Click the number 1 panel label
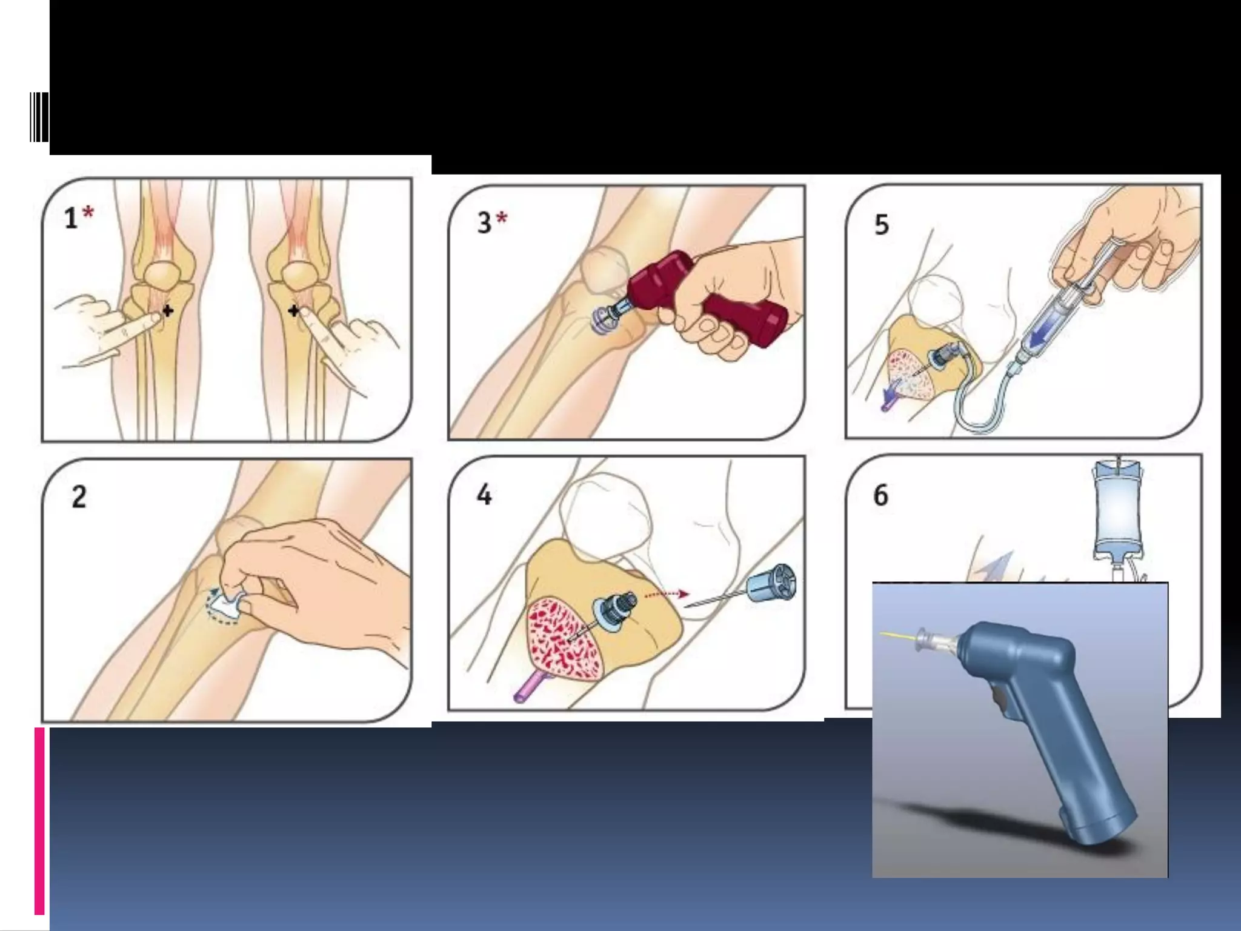(x=71, y=218)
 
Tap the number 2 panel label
(x=79, y=498)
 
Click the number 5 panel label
(x=882, y=224)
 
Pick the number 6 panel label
(x=881, y=495)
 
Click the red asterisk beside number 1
(x=88, y=213)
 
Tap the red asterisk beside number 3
(x=502, y=218)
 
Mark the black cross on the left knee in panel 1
(x=167, y=311)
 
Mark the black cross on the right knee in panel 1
(x=293, y=311)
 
